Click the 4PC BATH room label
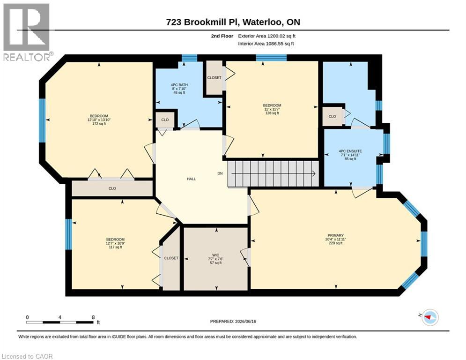coord(179,85)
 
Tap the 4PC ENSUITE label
coord(350,151)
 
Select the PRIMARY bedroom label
coord(335,235)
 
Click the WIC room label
coord(216,255)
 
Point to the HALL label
coord(192,179)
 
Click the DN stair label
coord(220,173)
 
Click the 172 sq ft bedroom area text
coord(99,124)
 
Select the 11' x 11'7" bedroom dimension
coord(272,109)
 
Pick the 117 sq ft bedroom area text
coord(115,247)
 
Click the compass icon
coord(430,317)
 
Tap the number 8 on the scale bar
coord(93,317)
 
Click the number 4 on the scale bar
coord(60,317)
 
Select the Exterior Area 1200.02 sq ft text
coord(266,36)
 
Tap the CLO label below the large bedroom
coord(112,188)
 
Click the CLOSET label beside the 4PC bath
coord(215,78)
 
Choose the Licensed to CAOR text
coord(27,356)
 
